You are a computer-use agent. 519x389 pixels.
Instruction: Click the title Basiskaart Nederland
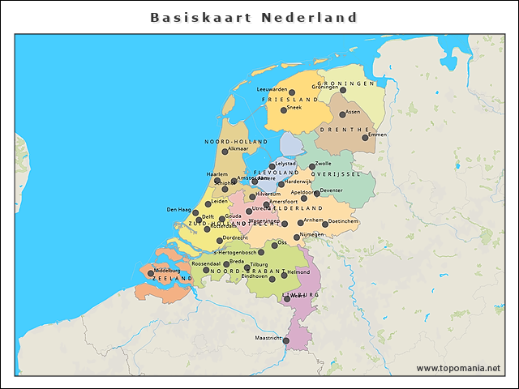pos(254,17)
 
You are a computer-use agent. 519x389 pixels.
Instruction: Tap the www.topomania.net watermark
pos(458,368)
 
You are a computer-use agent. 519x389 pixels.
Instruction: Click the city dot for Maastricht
pos(285,341)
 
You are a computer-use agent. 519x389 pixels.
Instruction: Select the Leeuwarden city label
pos(272,90)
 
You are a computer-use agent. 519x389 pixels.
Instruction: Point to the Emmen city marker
pos(365,138)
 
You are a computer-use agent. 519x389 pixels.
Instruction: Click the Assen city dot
pos(342,114)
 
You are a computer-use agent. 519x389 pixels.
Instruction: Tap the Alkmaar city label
pos(238,149)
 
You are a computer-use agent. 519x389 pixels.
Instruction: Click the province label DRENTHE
pos(345,129)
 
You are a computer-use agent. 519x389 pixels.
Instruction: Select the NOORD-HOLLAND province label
pos(236,141)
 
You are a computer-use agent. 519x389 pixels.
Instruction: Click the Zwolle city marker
pos(312,167)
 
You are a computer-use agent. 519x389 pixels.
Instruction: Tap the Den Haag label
pos(178,210)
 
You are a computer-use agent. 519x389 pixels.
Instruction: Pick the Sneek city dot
pos(284,110)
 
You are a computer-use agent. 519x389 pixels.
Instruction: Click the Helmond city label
pos(298,272)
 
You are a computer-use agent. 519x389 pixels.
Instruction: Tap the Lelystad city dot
pos(272,166)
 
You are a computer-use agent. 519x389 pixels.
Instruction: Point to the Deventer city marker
pos(316,194)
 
